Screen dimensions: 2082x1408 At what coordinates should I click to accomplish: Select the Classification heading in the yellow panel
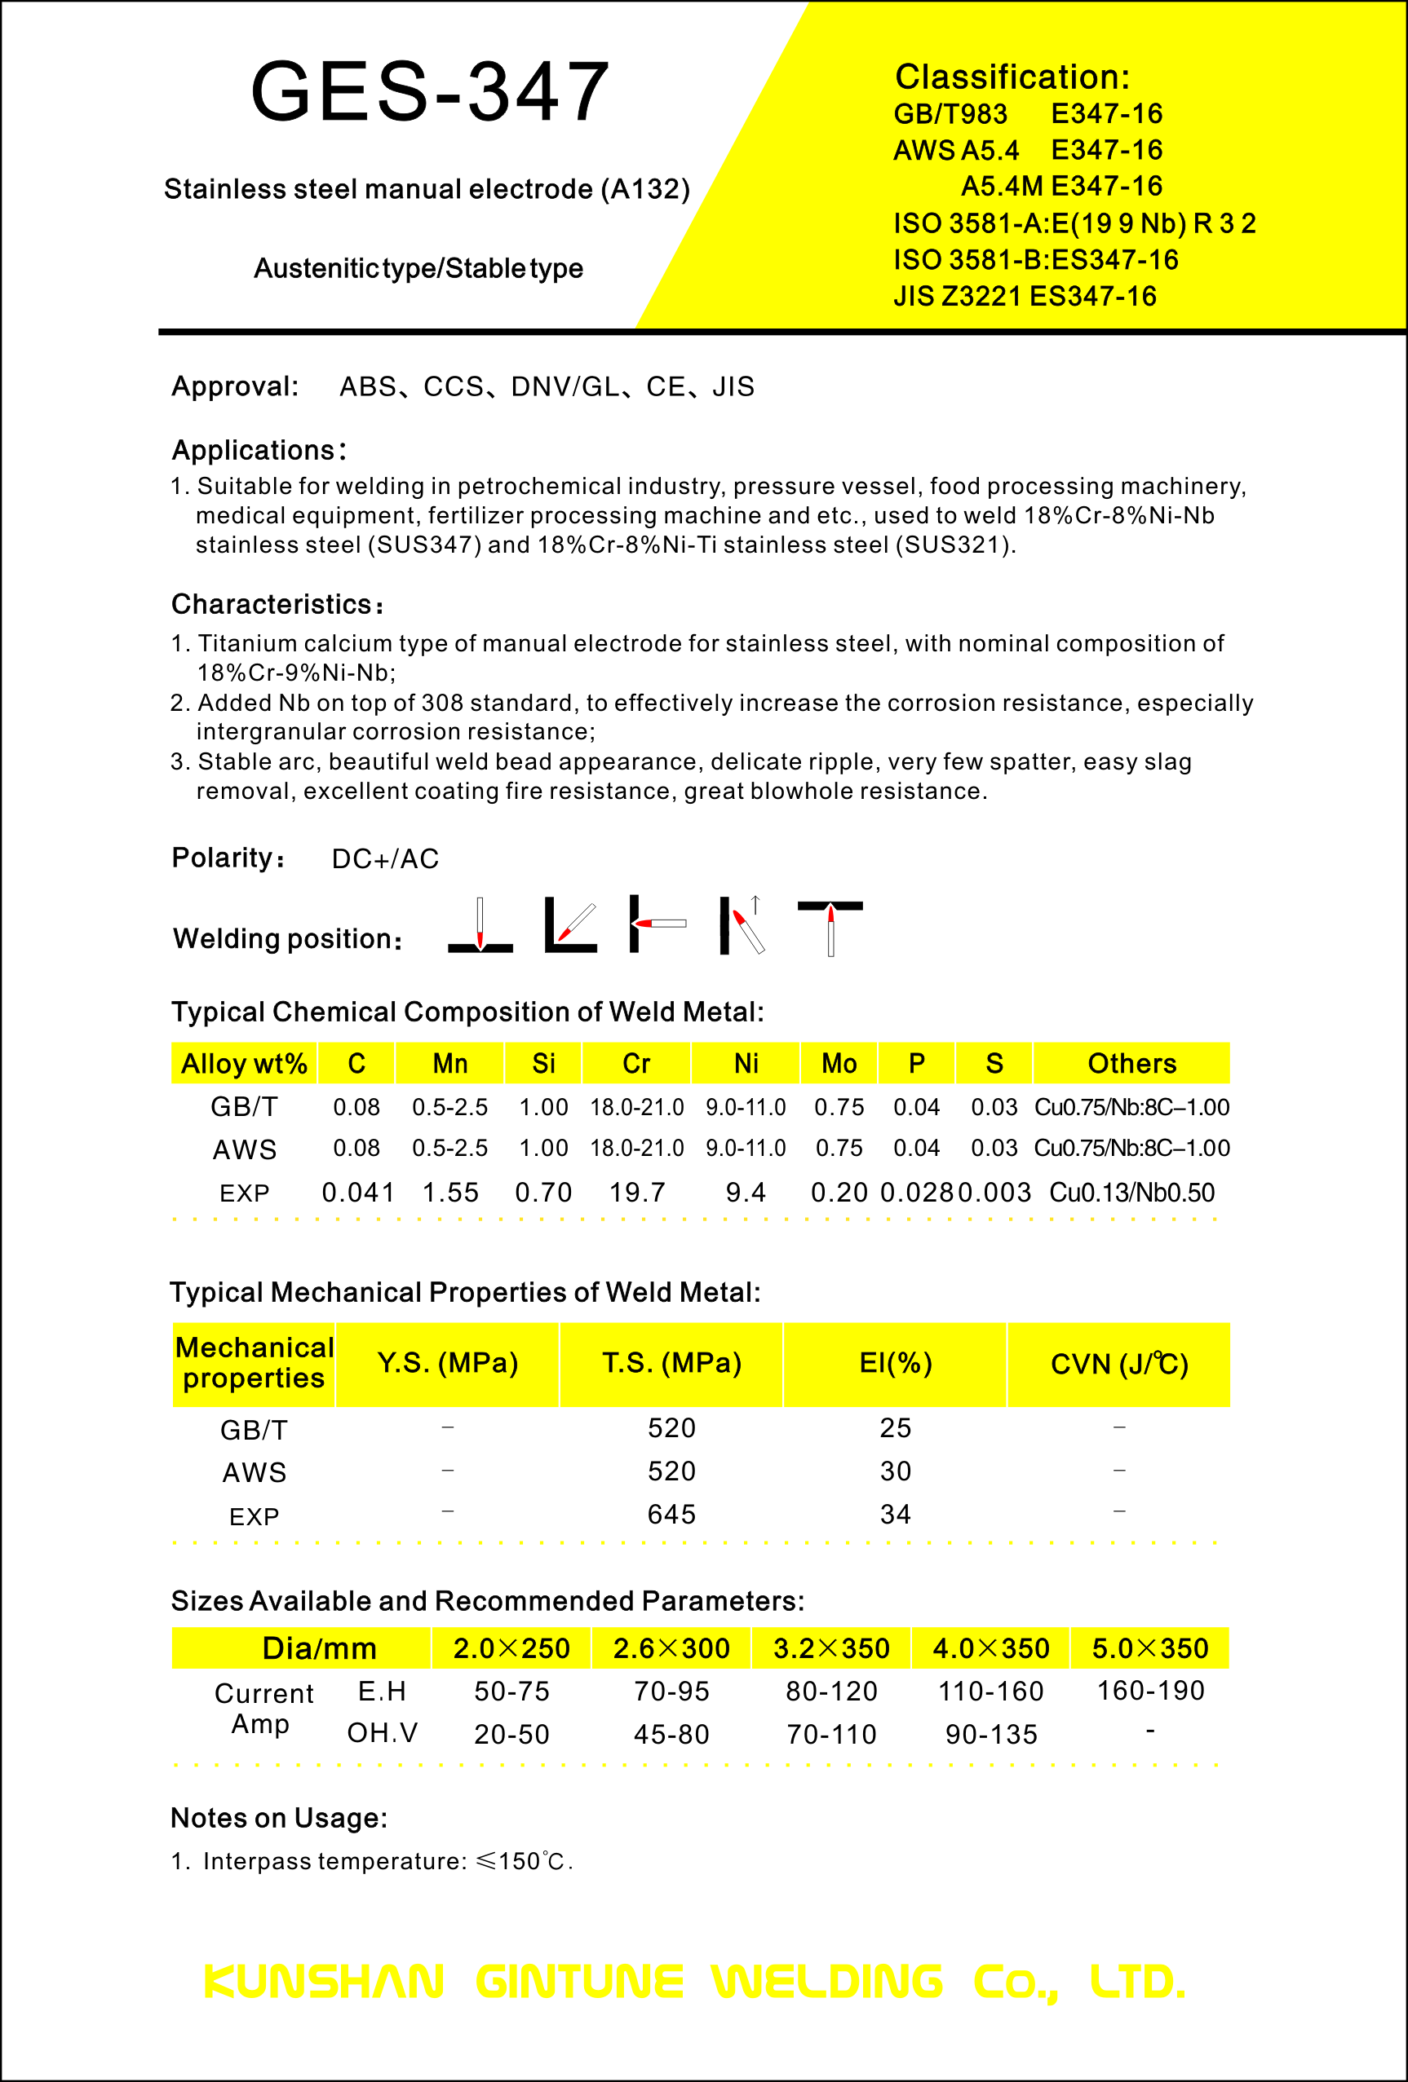[1012, 77]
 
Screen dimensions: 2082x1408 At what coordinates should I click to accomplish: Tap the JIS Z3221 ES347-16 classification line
[1025, 296]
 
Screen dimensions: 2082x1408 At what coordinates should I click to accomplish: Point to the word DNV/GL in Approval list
[565, 386]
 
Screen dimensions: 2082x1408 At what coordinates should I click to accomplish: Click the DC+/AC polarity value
[385, 858]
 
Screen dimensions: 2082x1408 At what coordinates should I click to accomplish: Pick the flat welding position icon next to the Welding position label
[480, 924]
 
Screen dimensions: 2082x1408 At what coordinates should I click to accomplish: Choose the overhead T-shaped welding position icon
[830, 927]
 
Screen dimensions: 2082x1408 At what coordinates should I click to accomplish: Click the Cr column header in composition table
[636, 1063]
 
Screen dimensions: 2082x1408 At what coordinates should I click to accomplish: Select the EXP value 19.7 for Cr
[637, 1193]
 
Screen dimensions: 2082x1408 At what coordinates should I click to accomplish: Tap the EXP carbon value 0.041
[358, 1193]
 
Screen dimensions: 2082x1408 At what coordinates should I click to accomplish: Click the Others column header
[1131, 1063]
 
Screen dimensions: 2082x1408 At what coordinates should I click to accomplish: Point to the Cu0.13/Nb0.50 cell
[1131, 1193]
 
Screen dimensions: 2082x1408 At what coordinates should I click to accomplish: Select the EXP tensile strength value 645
[671, 1514]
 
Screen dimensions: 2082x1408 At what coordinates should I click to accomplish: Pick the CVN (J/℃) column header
[1118, 1364]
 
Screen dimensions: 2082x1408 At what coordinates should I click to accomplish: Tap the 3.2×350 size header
[830, 1648]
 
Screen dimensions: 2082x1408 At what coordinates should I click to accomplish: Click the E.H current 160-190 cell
[1150, 1691]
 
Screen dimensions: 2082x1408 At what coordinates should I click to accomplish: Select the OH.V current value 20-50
[511, 1735]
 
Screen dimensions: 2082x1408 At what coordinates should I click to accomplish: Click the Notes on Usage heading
[279, 1818]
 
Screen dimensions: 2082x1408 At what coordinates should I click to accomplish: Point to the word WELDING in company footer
[827, 1982]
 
